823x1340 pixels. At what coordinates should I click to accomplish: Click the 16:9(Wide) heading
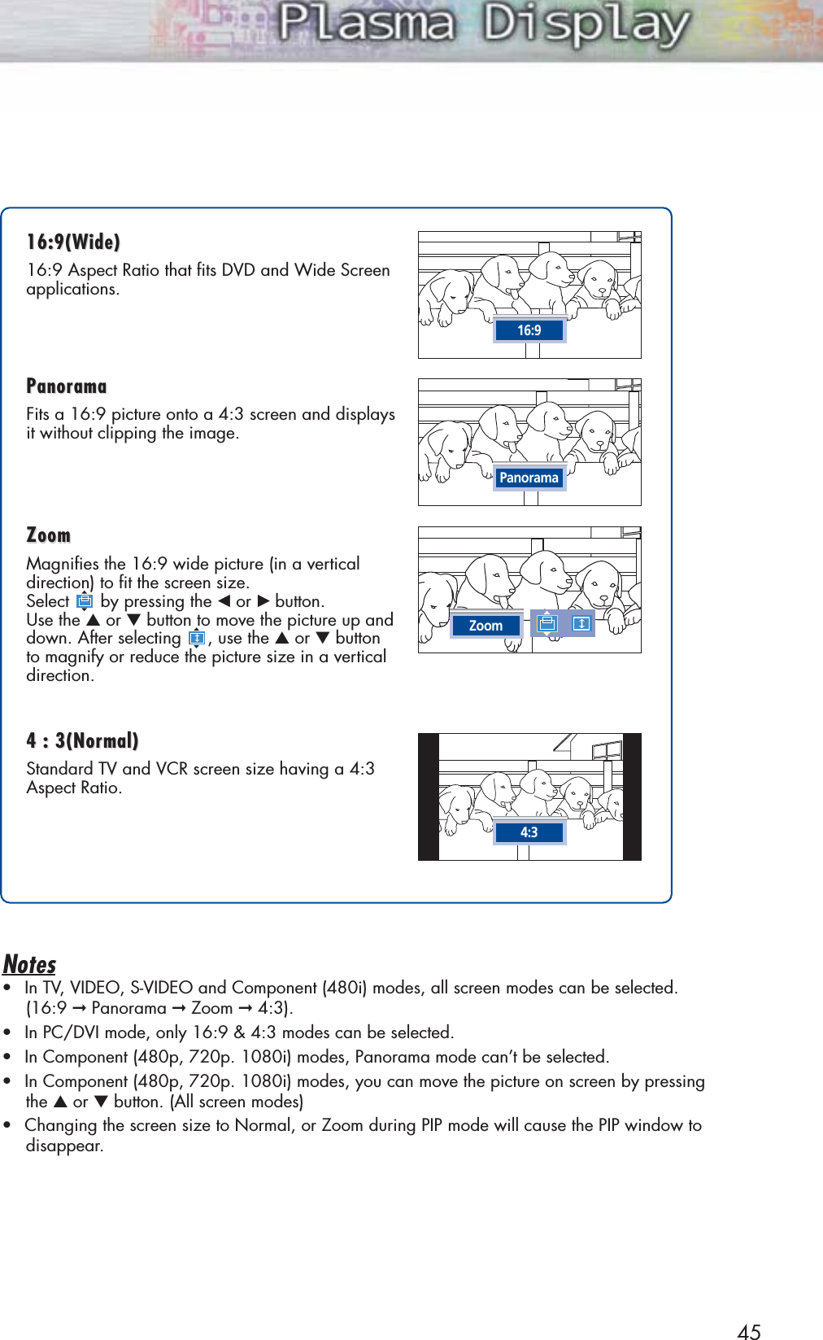73,242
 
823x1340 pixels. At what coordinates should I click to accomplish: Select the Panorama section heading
67,386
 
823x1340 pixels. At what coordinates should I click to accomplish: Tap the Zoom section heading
49,535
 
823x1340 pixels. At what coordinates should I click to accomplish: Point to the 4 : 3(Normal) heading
82,740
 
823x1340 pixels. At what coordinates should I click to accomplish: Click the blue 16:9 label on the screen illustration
529,330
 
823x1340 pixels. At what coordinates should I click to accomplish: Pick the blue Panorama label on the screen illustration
529,478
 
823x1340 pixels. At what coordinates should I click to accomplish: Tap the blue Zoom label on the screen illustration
486,626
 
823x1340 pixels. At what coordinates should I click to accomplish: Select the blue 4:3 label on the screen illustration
529,832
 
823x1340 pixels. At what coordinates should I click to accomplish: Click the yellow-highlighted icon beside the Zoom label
546,624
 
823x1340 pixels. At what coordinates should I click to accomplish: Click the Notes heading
30,964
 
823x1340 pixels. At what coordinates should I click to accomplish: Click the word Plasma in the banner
366,24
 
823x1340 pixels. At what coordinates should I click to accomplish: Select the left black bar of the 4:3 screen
429,797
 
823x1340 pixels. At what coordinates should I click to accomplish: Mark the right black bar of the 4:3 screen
632,797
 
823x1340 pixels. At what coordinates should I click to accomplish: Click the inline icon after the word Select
85,601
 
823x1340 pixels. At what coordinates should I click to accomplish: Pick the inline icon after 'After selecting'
197,638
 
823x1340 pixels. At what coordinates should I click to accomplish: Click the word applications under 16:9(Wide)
72,289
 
